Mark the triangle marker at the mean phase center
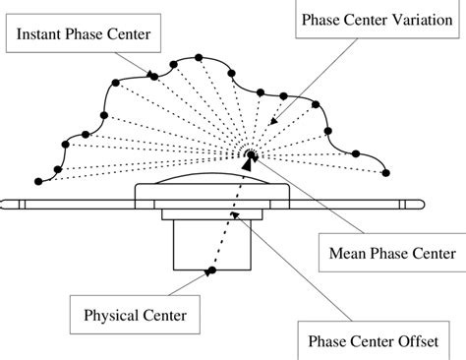coord(247,164)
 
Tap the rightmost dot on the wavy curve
coord(384,172)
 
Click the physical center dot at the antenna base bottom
coord(209,270)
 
